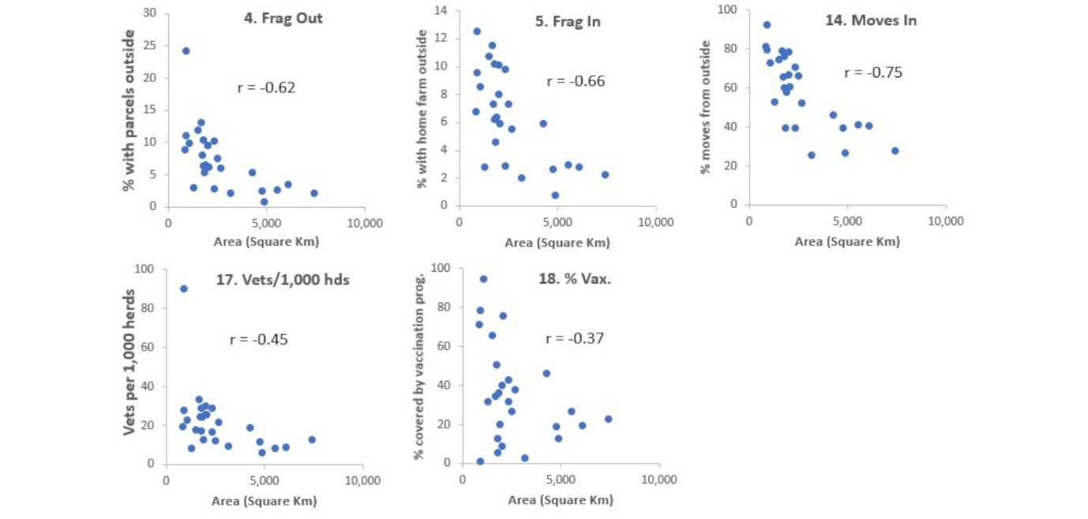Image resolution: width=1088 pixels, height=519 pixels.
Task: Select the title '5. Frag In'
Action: [x=568, y=21]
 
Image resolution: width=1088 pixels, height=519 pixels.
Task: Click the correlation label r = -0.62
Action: [x=266, y=88]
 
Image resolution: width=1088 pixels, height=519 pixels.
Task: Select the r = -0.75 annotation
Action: [x=872, y=73]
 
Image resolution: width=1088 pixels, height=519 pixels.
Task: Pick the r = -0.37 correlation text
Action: [x=575, y=339]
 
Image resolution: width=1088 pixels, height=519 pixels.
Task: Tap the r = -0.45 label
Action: [x=258, y=340]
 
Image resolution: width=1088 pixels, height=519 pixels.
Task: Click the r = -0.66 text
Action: [x=576, y=81]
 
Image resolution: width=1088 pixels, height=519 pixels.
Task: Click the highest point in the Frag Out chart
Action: [x=186, y=51]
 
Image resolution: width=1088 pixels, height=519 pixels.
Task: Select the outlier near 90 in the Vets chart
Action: [x=184, y=288]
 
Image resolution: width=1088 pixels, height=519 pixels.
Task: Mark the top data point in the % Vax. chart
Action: [x=483, y=279]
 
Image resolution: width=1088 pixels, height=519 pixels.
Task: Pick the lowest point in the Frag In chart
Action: [x=555, y=195]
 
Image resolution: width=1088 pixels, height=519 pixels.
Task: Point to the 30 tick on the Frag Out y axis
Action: [x=150, y=13]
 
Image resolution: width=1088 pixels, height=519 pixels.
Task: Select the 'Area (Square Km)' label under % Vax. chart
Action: [x=560, y=500]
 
